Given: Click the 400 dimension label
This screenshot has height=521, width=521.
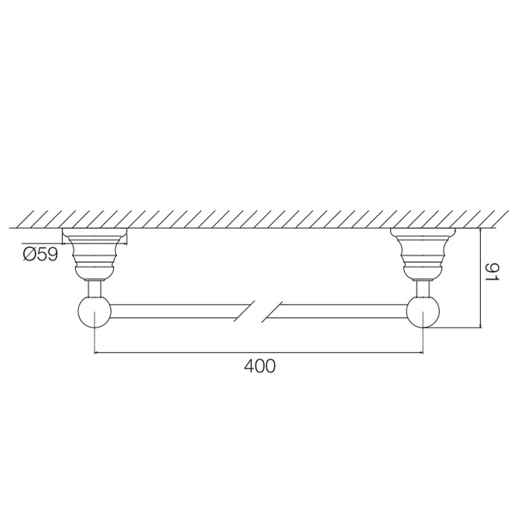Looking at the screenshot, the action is click(x=260, y=366).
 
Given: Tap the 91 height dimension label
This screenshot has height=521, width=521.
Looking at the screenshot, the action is click(x=493, y=272).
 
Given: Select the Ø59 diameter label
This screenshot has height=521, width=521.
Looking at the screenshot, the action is click(x=40, y=255).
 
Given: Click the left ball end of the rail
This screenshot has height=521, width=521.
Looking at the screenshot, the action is click(x=95, y=313).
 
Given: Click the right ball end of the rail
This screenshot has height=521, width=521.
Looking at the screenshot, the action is click(x=423, y=313).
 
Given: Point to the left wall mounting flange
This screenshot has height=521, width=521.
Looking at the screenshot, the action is click(x=95, y=252).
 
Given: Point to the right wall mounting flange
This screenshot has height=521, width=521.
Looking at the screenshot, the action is click(x=423, y=252).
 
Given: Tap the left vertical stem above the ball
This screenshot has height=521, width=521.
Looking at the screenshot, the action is click(x=95, y=288).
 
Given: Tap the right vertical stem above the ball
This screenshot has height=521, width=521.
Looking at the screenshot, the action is click(x=423, y=288).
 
